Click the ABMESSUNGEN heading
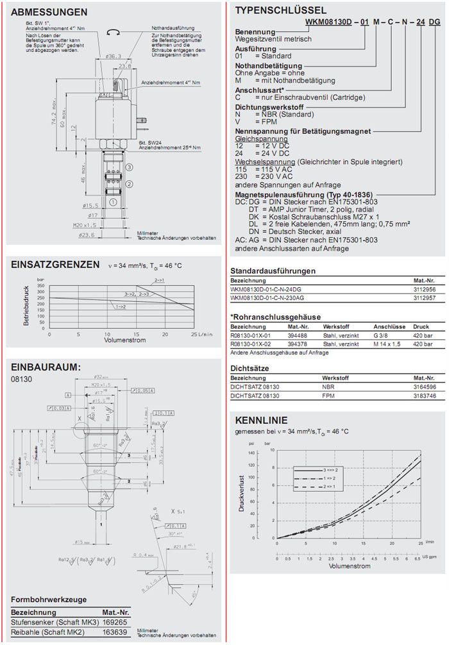click(49, 12)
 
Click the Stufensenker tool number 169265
click(116, 621)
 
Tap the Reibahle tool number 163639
click(116, 632)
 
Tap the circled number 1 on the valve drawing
click(113, 201)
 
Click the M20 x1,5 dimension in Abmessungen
click(82, 225)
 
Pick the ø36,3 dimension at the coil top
click(113, 57)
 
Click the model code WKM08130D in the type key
click(320, 22)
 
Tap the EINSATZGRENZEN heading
click(55, 264)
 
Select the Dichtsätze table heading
click(250, 369)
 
